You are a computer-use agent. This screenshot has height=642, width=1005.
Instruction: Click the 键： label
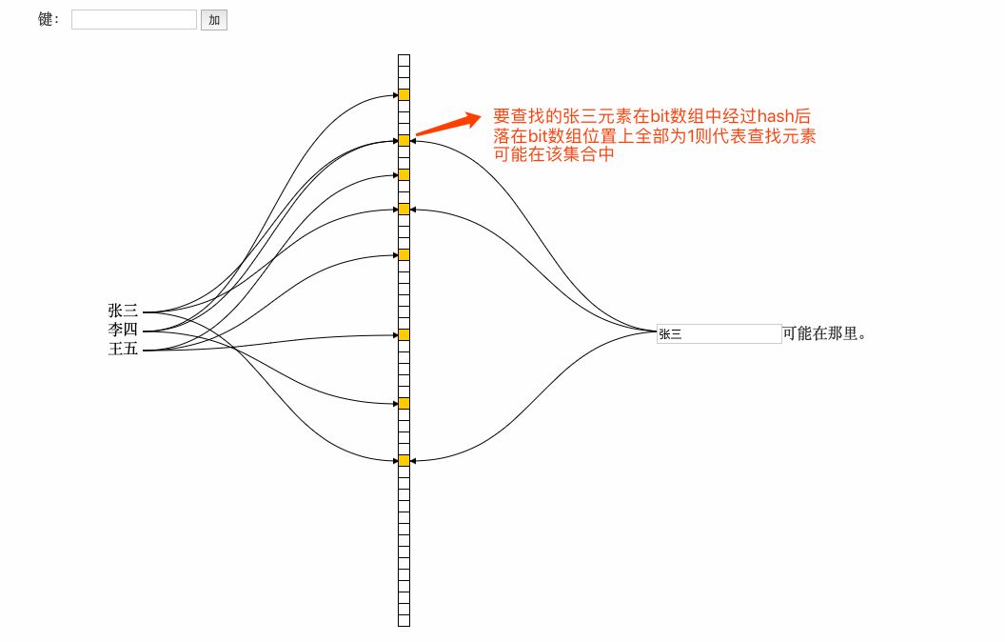coord(49,19)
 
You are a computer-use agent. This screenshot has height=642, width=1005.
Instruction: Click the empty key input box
coord(133,19)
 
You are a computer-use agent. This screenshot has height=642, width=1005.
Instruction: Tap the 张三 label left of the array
coord(123,311)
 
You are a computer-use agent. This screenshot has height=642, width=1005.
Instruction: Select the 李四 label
coord(123,331)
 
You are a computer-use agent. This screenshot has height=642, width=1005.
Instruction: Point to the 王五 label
coord(123,350)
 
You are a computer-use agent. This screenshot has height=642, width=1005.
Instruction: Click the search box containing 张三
coord(719,333)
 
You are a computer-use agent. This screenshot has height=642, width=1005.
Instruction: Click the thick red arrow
coord(448,125)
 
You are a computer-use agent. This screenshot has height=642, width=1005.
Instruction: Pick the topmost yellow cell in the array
coord(404,94)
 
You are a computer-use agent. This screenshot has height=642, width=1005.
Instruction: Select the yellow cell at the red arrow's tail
coord(404,140)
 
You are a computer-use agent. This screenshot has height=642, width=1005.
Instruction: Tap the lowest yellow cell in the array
coord(404,460)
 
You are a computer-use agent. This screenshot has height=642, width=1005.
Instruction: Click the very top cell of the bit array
coord(404,59)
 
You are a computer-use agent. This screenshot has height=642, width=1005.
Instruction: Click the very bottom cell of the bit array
coord(404,621)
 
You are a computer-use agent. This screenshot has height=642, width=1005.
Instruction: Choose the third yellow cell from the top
coord(404,174)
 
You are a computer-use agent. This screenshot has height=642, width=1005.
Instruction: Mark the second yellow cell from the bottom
coord(404,403)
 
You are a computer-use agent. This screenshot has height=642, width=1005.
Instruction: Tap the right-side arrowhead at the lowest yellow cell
coord(414,461)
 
